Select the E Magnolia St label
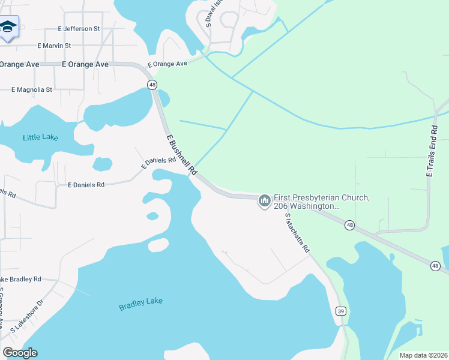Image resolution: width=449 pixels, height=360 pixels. [32, 89]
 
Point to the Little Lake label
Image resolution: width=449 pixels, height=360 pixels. [40, 137]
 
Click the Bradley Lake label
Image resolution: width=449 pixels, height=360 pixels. [140, 305]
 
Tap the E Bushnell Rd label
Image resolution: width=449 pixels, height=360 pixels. [182, 155]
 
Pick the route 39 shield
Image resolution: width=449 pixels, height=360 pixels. [340, 311]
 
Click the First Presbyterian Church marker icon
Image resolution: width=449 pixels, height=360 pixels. [264, 200]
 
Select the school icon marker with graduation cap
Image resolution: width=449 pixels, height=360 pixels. [8, 27]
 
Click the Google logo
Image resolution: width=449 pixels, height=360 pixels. [20, 353]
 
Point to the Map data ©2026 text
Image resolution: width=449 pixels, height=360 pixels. [423, 355]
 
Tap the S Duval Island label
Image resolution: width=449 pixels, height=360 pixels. [209, 14]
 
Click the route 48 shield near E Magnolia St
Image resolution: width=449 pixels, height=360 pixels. [152, 85]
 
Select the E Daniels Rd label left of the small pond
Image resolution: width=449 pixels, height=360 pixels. [86, 185]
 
